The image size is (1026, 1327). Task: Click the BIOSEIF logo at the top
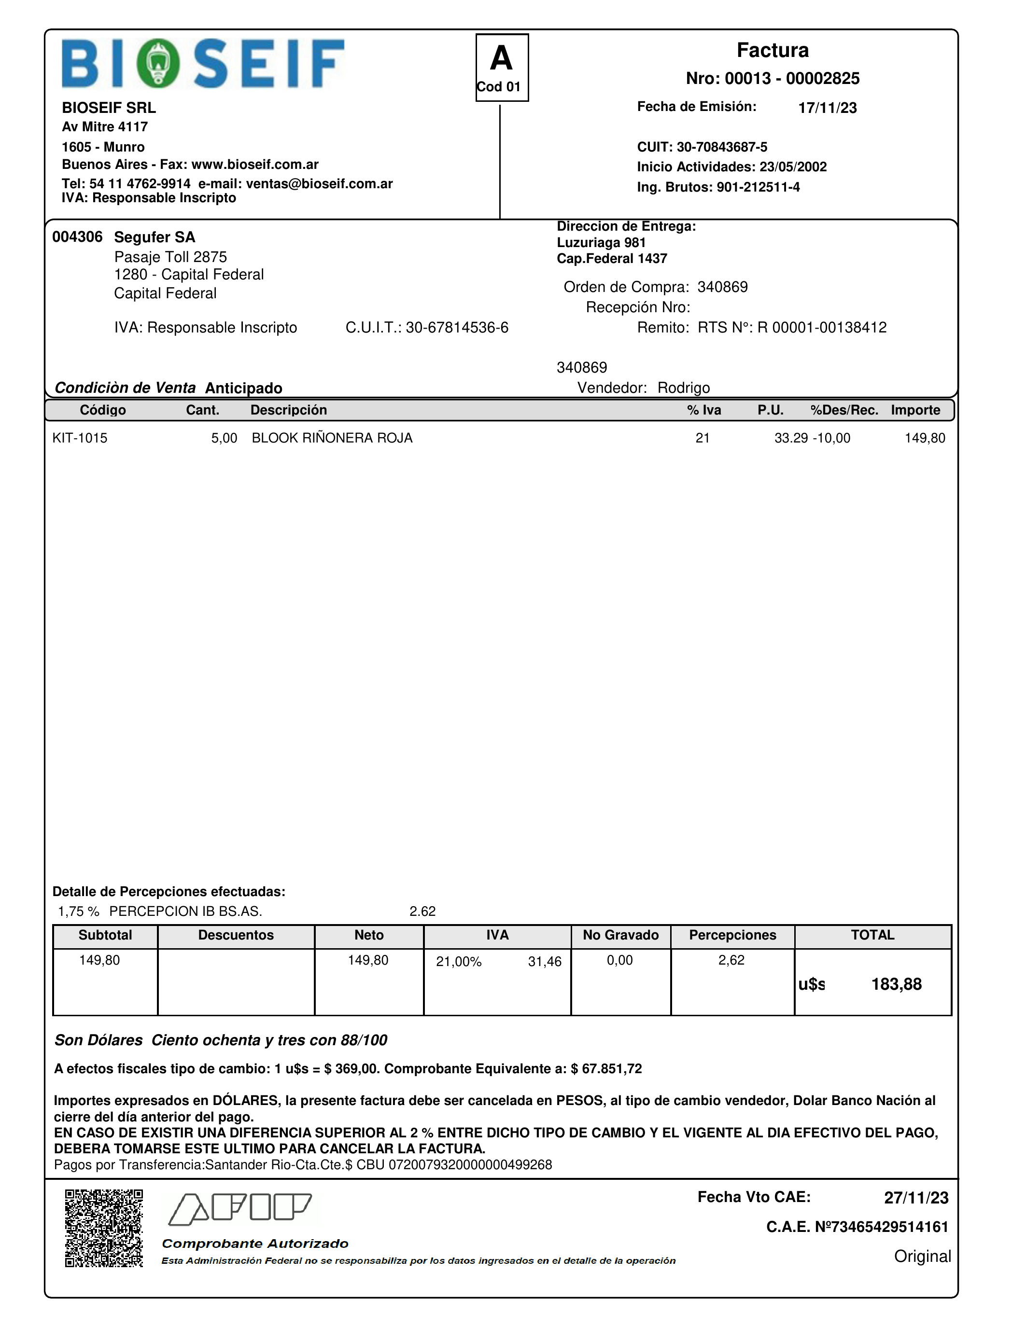click(x=203, y=63)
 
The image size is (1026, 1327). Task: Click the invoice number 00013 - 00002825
click(x=773, y=78)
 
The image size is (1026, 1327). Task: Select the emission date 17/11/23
click(x=827, y=108)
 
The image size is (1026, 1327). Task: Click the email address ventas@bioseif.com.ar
click(x=319, y=183)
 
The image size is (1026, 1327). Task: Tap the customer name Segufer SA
click(x=155, y=237)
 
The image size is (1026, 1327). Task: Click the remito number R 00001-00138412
click(x=822, y=328)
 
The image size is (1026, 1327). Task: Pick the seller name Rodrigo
click(x=683, y=387)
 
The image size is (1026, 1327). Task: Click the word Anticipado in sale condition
click(x=243, y=388)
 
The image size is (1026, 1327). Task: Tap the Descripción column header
click(x=288, y=410)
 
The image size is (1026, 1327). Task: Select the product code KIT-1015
click(x=80, y=438)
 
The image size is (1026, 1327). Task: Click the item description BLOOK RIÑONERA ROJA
click(x=332, y=438)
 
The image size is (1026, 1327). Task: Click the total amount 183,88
click(x=896, y=984)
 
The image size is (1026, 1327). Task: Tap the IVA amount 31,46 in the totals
click(x=544, y=961)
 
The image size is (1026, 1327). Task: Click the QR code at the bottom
click(x=104, y=1229)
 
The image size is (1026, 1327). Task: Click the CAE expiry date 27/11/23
click(x=915, y=1198)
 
